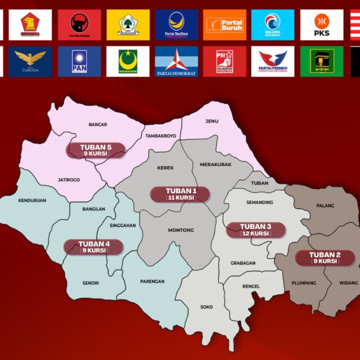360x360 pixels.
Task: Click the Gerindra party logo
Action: [30, 25]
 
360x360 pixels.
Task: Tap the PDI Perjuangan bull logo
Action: [79, 25]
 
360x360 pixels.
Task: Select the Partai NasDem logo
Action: [177, 25]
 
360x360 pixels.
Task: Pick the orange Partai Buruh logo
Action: [225, 25]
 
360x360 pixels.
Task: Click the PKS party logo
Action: [322, 25]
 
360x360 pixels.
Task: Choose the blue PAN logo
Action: [79, 61]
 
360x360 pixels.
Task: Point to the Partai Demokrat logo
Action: [177, 61]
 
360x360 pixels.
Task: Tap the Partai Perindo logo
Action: [273, 61]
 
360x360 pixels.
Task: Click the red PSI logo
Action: [225, 61]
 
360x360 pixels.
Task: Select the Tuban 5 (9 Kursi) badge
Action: [96, 150]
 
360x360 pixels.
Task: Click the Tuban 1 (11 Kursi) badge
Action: [180, 194]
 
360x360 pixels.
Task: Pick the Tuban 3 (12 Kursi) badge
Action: [256, 230]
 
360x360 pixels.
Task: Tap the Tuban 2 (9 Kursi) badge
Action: [325, 258]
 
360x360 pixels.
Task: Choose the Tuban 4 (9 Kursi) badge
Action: [94, 247]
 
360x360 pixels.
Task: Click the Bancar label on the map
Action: [98, 125]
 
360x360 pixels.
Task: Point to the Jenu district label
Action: [212, 121]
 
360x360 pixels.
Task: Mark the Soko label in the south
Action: [207, 307]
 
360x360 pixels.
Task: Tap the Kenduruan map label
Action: [32, 200]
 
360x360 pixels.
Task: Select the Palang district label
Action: [325, 206]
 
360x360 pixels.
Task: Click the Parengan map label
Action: [152, 282]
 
